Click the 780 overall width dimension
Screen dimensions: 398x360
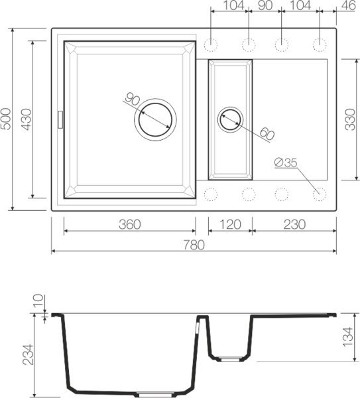coord(194,245)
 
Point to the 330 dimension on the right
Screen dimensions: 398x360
coord(350,120)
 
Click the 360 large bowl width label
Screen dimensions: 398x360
coord(129,225)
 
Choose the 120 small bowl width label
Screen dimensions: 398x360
coord(230,225)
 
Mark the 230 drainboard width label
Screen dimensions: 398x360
coord(293,225)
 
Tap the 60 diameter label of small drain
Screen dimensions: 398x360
coord(266,134)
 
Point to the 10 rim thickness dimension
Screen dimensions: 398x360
coord(38,300)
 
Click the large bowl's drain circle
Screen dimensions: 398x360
coord(155,119)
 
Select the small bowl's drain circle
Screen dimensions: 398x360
coord(231,119)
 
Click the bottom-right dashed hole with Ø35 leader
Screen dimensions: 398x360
coord(320,194)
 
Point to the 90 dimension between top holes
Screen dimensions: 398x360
coord(265,6)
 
